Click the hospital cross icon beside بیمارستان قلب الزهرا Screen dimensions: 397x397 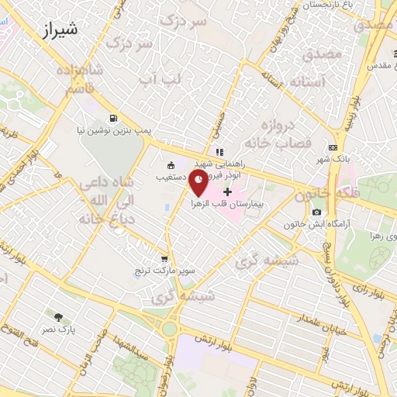[x=227, y=192]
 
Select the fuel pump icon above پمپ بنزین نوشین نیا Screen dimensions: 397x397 [x=115, y=119]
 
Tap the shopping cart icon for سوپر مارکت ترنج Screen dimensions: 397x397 [x=164, y=259]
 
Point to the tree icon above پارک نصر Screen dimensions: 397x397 [x=58, y=317]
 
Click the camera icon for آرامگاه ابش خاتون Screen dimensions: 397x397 [x=316, y=212]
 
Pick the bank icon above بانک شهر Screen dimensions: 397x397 [x=333, y=147]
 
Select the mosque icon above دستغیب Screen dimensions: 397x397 [x=171, y=164]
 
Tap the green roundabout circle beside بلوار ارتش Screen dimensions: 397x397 [x=169, y=329]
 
